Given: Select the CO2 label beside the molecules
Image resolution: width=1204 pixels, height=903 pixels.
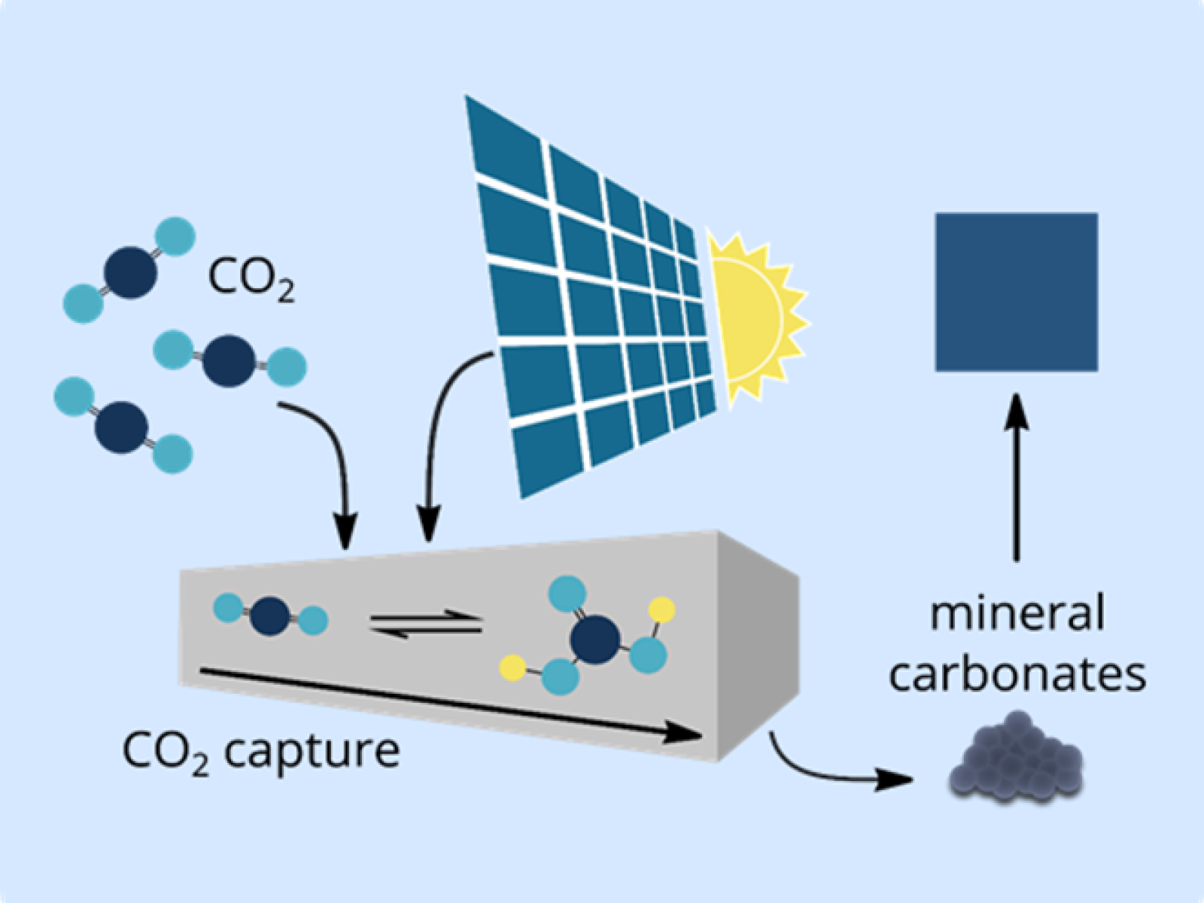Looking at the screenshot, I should pyautogui.click(x=250, y=280).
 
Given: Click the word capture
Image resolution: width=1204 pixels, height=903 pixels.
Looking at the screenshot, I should pyautogui.click(x=312, y=750).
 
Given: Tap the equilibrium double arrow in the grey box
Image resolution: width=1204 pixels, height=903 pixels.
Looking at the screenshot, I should pyautogui.click(x=426, y=625).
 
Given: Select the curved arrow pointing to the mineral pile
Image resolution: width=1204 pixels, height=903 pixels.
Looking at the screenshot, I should pyautogui.click(x=835, y=771).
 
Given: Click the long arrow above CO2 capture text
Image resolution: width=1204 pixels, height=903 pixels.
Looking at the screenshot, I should pyautogui.click(x=451, y=700).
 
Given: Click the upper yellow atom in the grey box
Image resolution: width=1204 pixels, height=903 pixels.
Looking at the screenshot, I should pyautogui.click(x=661, y=609).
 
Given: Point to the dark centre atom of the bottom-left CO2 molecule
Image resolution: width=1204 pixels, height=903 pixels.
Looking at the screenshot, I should pyautogui.click(x=122, y=427).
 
